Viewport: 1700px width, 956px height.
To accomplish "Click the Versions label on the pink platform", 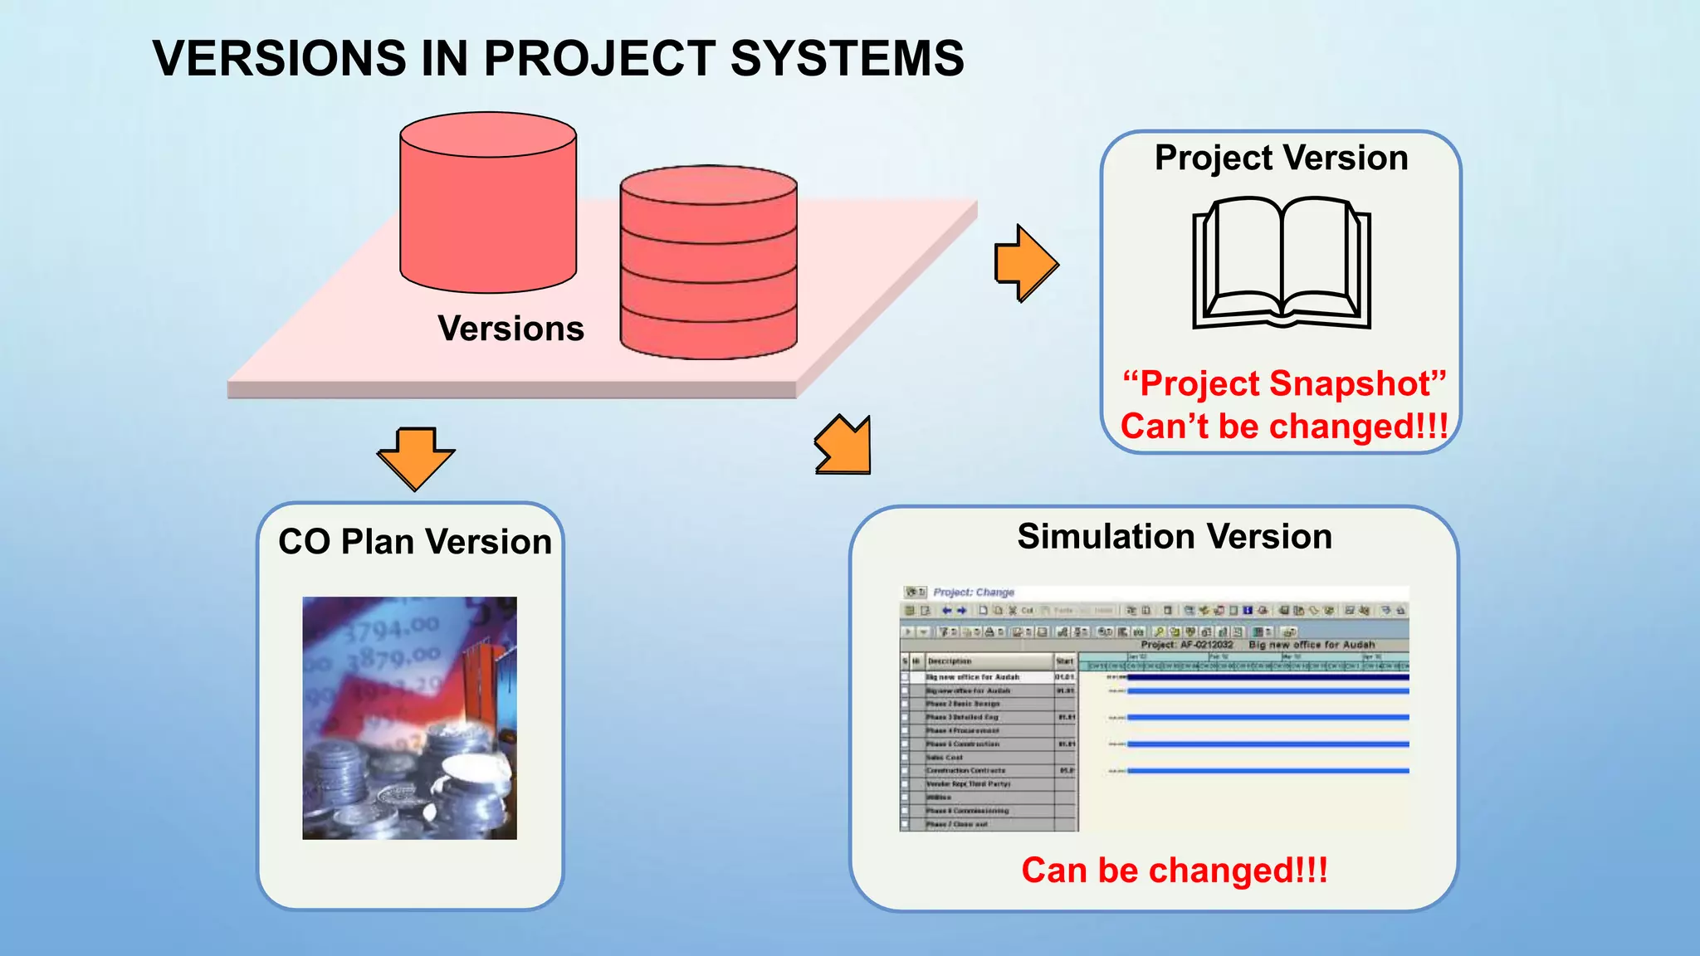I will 510,329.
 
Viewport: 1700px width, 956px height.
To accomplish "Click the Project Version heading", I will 1281,158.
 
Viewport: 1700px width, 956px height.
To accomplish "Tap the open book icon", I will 1281,262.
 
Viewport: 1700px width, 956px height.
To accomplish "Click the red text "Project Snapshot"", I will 1283,383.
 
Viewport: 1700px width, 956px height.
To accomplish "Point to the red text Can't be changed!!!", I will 1283,427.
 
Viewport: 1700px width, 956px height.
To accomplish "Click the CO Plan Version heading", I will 414,542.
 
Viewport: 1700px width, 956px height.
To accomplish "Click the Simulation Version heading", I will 1174,537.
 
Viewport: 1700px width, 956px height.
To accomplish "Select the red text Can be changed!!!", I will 1174,871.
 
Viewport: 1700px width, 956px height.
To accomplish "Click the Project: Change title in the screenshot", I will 973,593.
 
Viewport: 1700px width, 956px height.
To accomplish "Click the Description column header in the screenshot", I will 950,661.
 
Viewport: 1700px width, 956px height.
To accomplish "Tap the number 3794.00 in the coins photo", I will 390,630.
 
